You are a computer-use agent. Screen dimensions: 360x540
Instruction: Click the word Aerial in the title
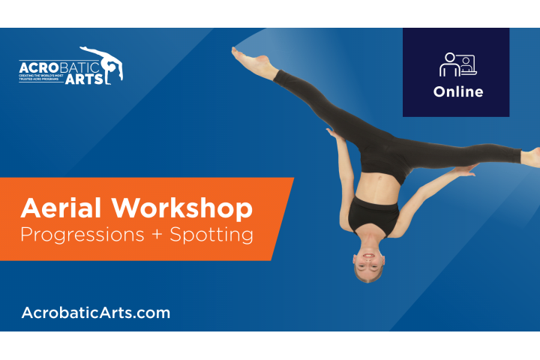click(x=52, y=208)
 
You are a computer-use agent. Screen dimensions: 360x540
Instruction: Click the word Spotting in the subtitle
click(x=211, y=235)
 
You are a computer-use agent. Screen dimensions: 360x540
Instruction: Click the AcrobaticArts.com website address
click(x=96, y=312)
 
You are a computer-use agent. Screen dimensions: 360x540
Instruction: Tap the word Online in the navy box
click(x=457, y=92)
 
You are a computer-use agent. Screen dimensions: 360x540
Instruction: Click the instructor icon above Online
click(x=457, y=65)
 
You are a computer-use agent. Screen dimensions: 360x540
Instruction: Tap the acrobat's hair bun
click(x=362, y=277)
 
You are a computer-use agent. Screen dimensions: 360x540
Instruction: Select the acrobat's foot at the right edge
click(x=530, y=156)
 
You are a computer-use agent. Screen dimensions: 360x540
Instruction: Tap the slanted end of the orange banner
click(x=281, y=217)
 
